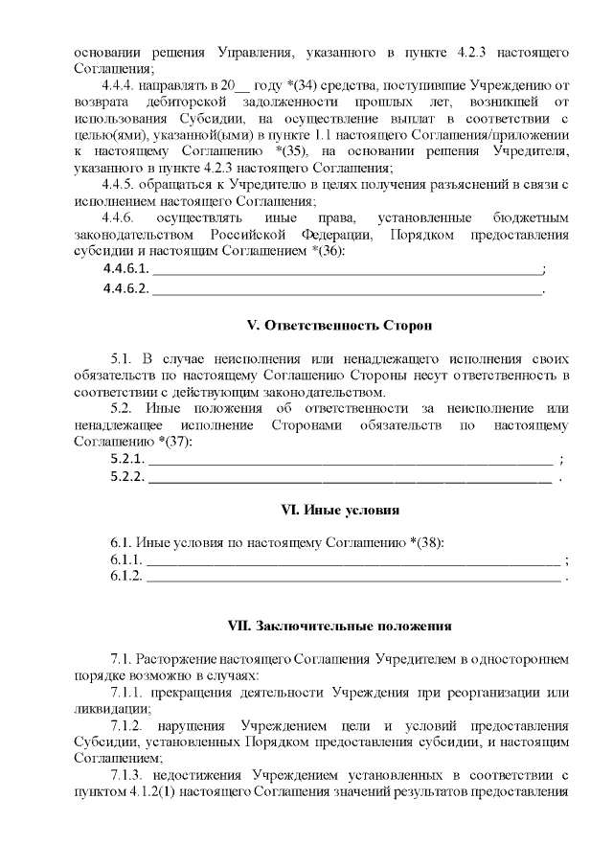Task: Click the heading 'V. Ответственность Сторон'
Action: [x=326, y=325]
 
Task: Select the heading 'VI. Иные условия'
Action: [x=326, y=509]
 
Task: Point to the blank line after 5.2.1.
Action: [x=351, y=459]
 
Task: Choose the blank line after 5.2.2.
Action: [x=351, y=476]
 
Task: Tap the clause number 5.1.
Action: [x=122, y=358]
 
